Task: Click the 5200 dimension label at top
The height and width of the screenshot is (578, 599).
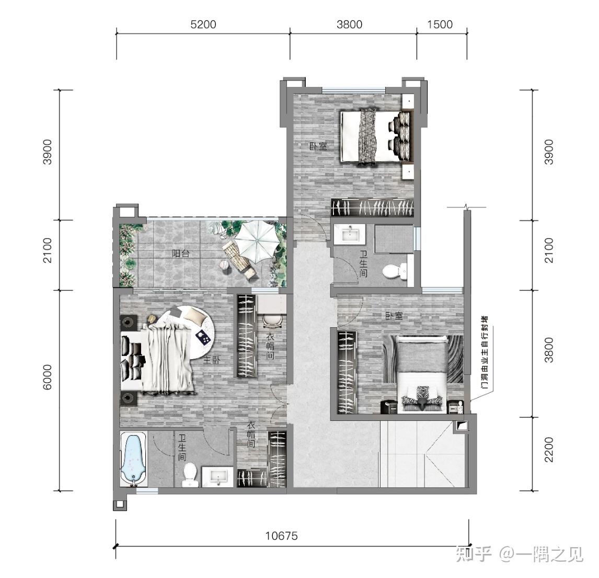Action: [x=203, y=25]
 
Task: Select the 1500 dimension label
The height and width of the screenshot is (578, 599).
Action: [x=440, y=25]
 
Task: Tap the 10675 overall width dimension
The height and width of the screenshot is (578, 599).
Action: [x=282, y=536]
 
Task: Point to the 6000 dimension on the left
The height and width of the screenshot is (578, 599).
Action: [x=47, y=377]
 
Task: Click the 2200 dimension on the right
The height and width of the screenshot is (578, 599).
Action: [x=549, y=449]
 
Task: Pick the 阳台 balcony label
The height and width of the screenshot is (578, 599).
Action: [x=181, y=253]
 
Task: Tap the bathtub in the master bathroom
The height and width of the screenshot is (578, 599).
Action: [x=134, y=459]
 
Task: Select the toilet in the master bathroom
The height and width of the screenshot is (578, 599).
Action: [x=190, y=475]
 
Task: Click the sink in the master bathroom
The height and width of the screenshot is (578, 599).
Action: [x=217, y=476]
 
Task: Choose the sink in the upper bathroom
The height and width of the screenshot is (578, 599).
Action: [x=350, y=234]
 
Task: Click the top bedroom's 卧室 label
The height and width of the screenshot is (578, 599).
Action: [x=318, y=146]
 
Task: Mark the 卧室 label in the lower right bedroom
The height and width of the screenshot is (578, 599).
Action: [x=394, y=316]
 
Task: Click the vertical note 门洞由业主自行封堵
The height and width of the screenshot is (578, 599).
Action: [x=485, y=352]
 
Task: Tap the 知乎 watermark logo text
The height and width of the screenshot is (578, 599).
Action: [x=474, y=553]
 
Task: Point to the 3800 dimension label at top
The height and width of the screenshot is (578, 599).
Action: [x=350, y=25]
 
